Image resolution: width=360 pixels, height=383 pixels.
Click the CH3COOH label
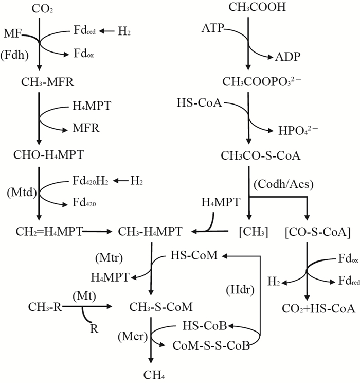[248, 8]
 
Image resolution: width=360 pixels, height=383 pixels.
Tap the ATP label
[213, 29]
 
